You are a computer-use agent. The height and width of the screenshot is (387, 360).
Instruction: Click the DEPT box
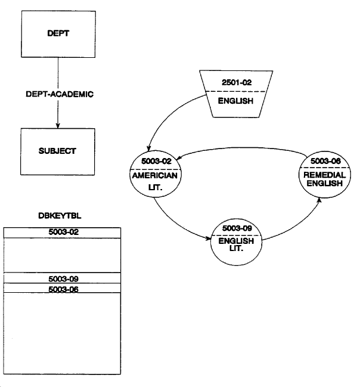(57, 34)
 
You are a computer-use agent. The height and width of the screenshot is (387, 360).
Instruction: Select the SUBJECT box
(57, 150)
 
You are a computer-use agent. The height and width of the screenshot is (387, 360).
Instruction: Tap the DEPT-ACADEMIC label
(57, 94)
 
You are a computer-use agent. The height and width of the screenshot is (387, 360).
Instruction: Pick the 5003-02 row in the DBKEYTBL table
(62, 232)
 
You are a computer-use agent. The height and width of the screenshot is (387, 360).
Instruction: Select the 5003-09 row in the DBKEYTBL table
(62, 278)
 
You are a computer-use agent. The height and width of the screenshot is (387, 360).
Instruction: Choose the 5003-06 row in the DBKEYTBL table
(62, 288)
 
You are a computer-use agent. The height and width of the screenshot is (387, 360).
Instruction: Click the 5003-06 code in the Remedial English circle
(322, 161)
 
